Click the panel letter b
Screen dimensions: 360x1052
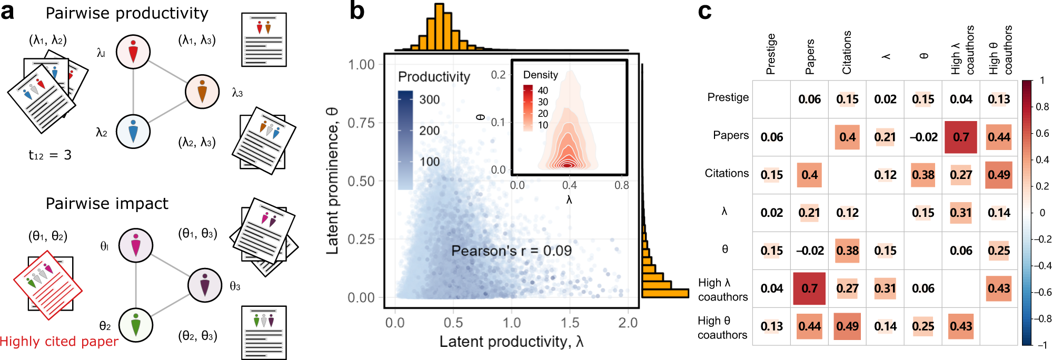pyautogui.click(x=357, y=12)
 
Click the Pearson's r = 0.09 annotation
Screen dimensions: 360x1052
pyautogui.click(x=511, y=251)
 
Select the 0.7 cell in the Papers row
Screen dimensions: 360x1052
pyautogui.click(x=961, y=137)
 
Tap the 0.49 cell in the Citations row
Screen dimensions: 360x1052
pyautogui.click(x=999, y=175)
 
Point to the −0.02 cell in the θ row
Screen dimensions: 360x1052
pyautogui.click(x=810, y=251)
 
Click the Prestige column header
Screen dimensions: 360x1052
pyautogui.click(x=771, y=54)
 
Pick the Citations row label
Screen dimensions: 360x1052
pyautogui.click(x=727, y=173)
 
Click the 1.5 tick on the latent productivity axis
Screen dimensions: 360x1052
pyautogui.click(x=570, y=323)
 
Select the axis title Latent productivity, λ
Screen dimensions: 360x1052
pyautogui.click(x=511, y=342)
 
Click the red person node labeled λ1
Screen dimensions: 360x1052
pyautogui.click(x=133, y=52)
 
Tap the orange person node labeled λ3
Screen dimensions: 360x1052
pyautogui.click(x=202, y=91)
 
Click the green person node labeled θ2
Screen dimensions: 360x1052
pyautogui.click(x=136, y=325)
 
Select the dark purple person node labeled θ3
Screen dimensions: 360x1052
pyautogui.click(x=205, y=285)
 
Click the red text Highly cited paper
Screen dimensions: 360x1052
pyautogui.click(x=59, y=342)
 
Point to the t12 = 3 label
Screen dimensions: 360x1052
pyautogui.click(x=49, y=155)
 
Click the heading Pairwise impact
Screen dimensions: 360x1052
pyautogui.click(x=107, y=204)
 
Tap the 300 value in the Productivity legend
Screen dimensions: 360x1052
pyautogui.click(x=429, y=99)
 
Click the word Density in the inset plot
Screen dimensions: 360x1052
pyautogui.click(x=540, y=75)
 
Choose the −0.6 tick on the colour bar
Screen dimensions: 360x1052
pyautogui.click(x=1042, y=292)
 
